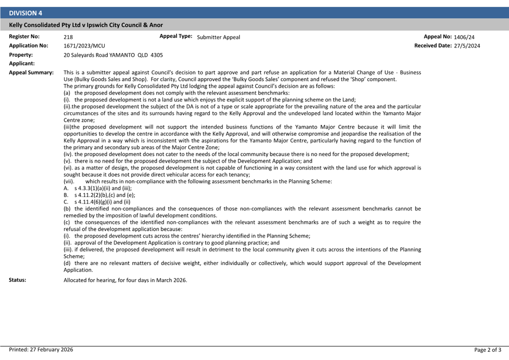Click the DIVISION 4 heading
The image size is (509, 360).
click(26, 13)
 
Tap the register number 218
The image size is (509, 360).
click(68, 37)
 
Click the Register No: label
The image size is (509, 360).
click(24, 37)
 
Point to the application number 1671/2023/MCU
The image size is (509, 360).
click(84, 46)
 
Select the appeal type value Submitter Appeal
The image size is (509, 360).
click(218, 37)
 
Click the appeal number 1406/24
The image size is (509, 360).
click(464, 37)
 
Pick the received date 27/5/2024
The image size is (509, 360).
click(467, 46)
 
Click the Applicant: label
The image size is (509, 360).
click(22, 64)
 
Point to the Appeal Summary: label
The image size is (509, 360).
click(31, 72)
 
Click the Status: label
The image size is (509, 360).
click(18, 280)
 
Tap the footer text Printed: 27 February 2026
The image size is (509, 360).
click(41, 350)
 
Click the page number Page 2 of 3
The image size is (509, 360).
click(487, 350)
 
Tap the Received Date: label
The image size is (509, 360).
click(433, 45)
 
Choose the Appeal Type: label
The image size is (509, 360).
click(176, 37)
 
